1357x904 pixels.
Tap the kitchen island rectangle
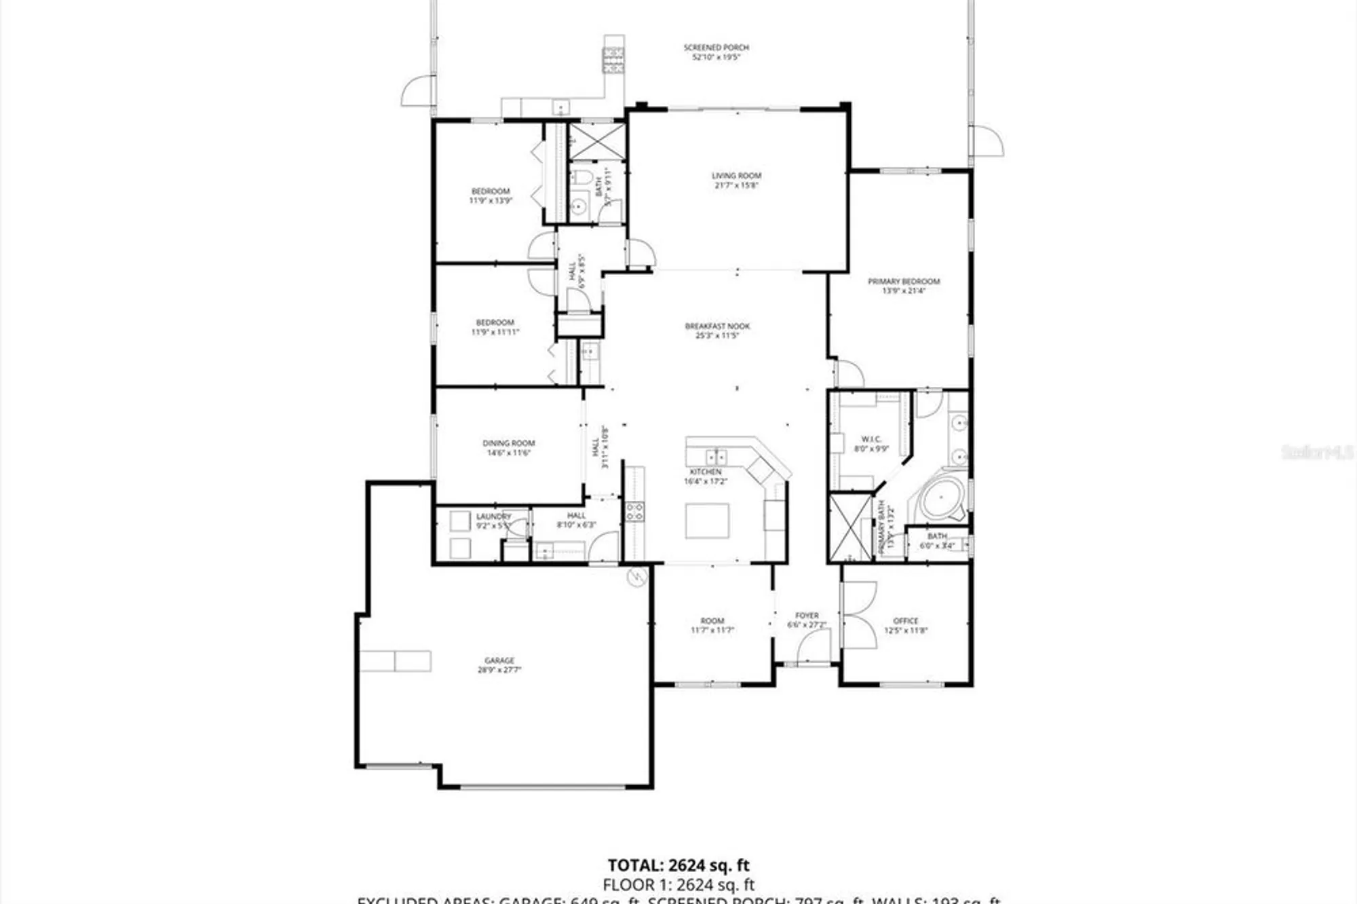tap(707, 521)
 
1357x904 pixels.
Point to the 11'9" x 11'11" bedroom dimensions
tap(495, 332)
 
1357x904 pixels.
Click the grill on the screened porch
tap(613, 60)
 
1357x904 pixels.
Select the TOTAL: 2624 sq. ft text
tap(678, 865)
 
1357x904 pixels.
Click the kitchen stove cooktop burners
tap(635, 512)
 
